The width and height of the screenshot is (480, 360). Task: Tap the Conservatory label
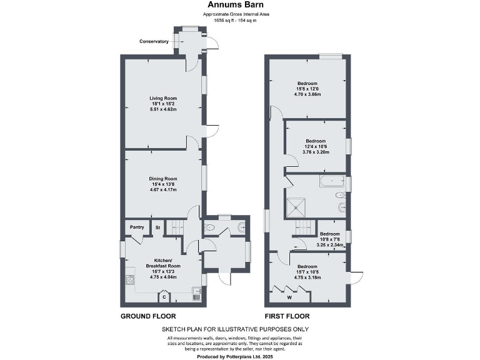click(x=154, y=41)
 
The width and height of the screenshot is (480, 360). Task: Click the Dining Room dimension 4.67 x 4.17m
click(x=163, y=189)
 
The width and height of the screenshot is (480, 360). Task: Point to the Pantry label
click(x=137, y=227)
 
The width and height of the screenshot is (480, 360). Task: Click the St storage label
click(x=159, y=227)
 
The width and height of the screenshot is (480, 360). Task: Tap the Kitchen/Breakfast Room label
click(x=163, y=263)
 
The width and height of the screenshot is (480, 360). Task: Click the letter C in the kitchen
click(x=164, y=297)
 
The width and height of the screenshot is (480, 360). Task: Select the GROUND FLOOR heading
click(x=147, y=316)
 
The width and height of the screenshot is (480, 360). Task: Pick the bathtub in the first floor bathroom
click(x=331, y=182)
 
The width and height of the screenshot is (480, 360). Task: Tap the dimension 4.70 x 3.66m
click(x=307, y=94)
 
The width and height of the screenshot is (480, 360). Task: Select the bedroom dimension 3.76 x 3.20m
click(x=316, y=151)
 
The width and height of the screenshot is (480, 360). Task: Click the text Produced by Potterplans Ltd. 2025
click(x=234, y=355)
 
